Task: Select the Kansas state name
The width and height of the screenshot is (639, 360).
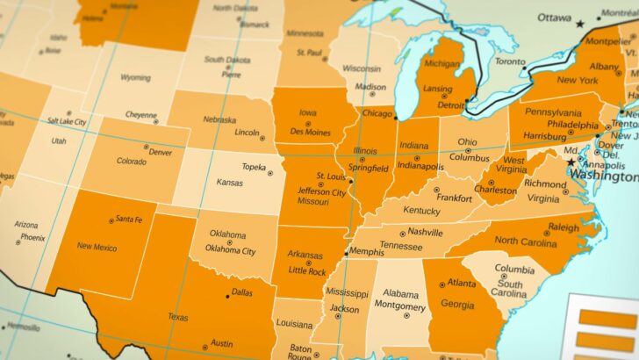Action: [230, 183]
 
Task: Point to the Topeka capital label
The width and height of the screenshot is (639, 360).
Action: [254, 166]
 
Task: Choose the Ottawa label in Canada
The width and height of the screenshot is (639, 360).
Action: [554, 17]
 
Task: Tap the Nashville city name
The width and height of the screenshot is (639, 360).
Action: [425, 232]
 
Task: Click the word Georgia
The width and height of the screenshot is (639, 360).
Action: [456, 305]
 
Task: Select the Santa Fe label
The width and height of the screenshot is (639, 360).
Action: [135, 219]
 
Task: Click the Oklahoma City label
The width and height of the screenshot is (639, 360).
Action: [230, 249]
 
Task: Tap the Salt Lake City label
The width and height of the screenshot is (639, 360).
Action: [67, 121]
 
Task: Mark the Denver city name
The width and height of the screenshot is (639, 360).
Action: [160, 152]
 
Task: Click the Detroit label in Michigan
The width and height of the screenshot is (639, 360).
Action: [451, 104]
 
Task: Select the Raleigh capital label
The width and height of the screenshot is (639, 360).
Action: [563, 227]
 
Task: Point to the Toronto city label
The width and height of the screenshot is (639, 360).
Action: [510, 61]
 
